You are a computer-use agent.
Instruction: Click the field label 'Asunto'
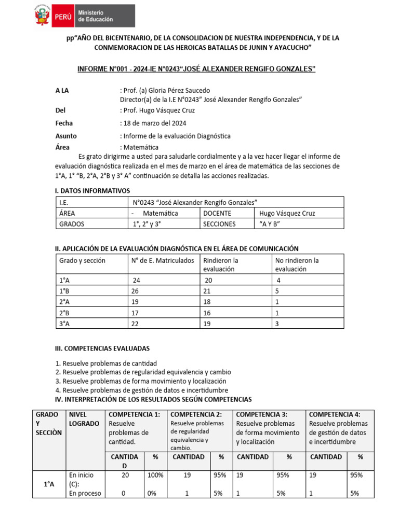66,136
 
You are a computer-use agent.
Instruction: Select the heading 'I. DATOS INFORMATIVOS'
92,191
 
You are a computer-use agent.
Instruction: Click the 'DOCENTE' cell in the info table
217,213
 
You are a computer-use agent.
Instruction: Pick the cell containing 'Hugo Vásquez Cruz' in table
287,213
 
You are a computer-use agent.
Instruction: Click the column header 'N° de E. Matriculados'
163,260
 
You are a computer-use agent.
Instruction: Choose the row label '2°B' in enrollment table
65,313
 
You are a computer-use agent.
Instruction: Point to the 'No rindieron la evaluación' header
297,264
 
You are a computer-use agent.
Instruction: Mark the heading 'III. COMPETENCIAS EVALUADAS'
103,348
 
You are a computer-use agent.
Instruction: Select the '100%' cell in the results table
155,474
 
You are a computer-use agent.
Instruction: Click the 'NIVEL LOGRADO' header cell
83,418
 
